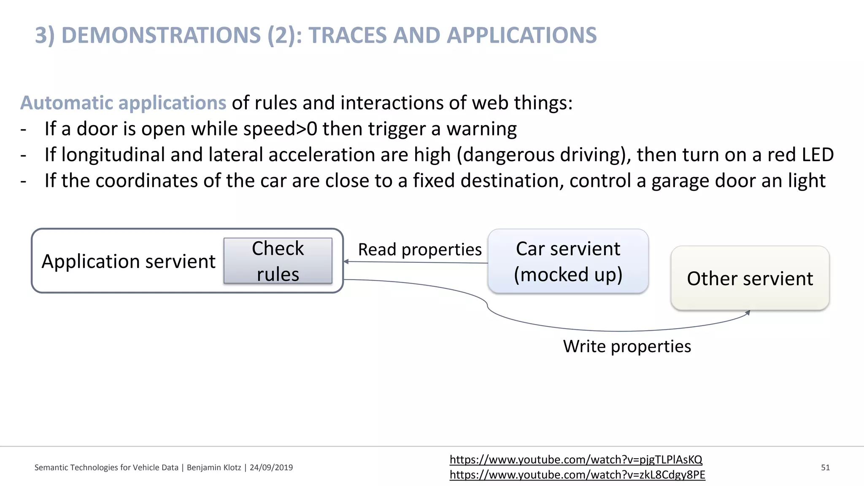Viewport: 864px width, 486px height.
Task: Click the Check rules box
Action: tap(278, 261)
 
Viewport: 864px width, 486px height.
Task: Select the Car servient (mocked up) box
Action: tap(568, 261)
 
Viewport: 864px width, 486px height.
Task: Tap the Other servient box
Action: tap(750, 278)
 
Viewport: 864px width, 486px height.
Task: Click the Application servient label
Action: tap(128, 262)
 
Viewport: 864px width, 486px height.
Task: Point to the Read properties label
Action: tap(420, 250)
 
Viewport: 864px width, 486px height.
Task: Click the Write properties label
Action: tap(627, 346)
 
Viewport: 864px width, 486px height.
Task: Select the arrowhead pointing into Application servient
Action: tap(346, 262)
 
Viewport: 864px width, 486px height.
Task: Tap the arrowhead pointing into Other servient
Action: tap(748, 313)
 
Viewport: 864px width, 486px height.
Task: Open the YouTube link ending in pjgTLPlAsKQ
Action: tap(576, 459)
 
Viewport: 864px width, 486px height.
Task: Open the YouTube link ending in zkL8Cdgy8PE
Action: tap(577, 475)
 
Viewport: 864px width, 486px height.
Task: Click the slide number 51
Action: tap(825, 467)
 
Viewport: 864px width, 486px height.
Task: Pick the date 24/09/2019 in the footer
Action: tap(271, 467)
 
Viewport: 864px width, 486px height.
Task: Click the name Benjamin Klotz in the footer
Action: tap(214, 467)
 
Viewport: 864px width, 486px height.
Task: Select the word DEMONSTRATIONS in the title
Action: tap(161, 35)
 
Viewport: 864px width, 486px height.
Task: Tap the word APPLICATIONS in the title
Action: tap(522, 35)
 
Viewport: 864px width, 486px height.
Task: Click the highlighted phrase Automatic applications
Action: tap(123, 103)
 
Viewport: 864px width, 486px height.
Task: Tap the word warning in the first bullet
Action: tap(481, 129)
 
